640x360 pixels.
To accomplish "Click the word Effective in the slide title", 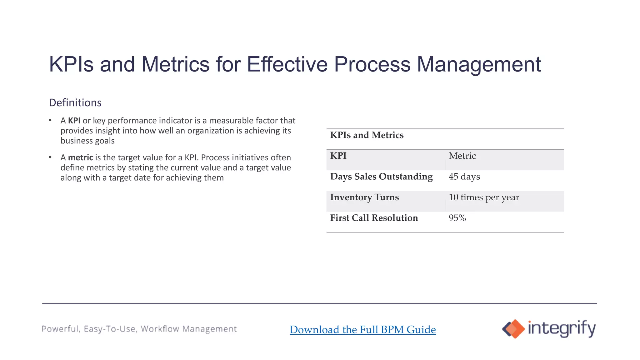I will (x=287, y=64).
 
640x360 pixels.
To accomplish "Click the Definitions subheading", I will (x=75, y=103).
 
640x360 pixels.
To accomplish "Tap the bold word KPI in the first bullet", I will (x=74, y=121).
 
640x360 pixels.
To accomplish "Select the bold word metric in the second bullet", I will (x=80, y=157).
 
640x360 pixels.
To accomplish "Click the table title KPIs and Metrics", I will (x=367, y=135).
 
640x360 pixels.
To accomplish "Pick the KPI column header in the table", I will (x=338, y=156).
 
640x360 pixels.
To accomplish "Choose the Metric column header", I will (x=462, y=156).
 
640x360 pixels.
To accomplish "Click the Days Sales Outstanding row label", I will (x=381, y=177).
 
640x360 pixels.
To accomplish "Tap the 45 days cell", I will (x=464, y=177).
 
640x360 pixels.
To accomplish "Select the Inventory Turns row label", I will (x=364, y=197).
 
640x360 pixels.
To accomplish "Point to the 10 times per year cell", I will (x=484, y=197).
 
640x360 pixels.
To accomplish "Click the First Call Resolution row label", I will (x=374, y=218).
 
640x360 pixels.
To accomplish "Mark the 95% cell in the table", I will (x=457, y=218).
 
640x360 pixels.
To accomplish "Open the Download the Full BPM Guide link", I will (x=362, y=330).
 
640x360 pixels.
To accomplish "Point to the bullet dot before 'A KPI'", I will (x=50, y=120).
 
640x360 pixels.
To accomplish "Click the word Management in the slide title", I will (x=478, y=64).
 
